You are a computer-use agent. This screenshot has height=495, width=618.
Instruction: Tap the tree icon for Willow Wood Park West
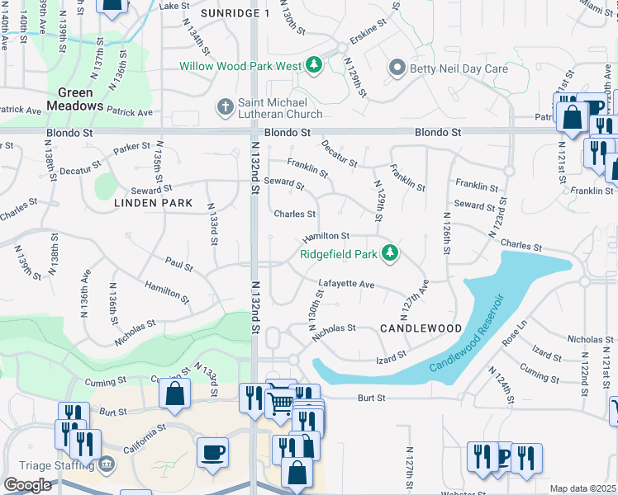point(314,65)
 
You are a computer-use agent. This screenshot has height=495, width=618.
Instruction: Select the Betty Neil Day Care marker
point(397,68)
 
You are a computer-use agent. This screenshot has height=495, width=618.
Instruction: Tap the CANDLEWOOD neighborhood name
point(421,328)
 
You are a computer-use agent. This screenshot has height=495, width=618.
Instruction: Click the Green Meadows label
point(74,99)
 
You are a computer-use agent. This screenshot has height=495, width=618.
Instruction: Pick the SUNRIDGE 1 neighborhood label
point(235,14)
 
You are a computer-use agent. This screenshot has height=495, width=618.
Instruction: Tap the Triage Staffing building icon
point(105,464)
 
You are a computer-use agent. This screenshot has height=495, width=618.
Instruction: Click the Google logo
point(27,485)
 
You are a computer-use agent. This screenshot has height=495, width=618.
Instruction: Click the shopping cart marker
point(281,403)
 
